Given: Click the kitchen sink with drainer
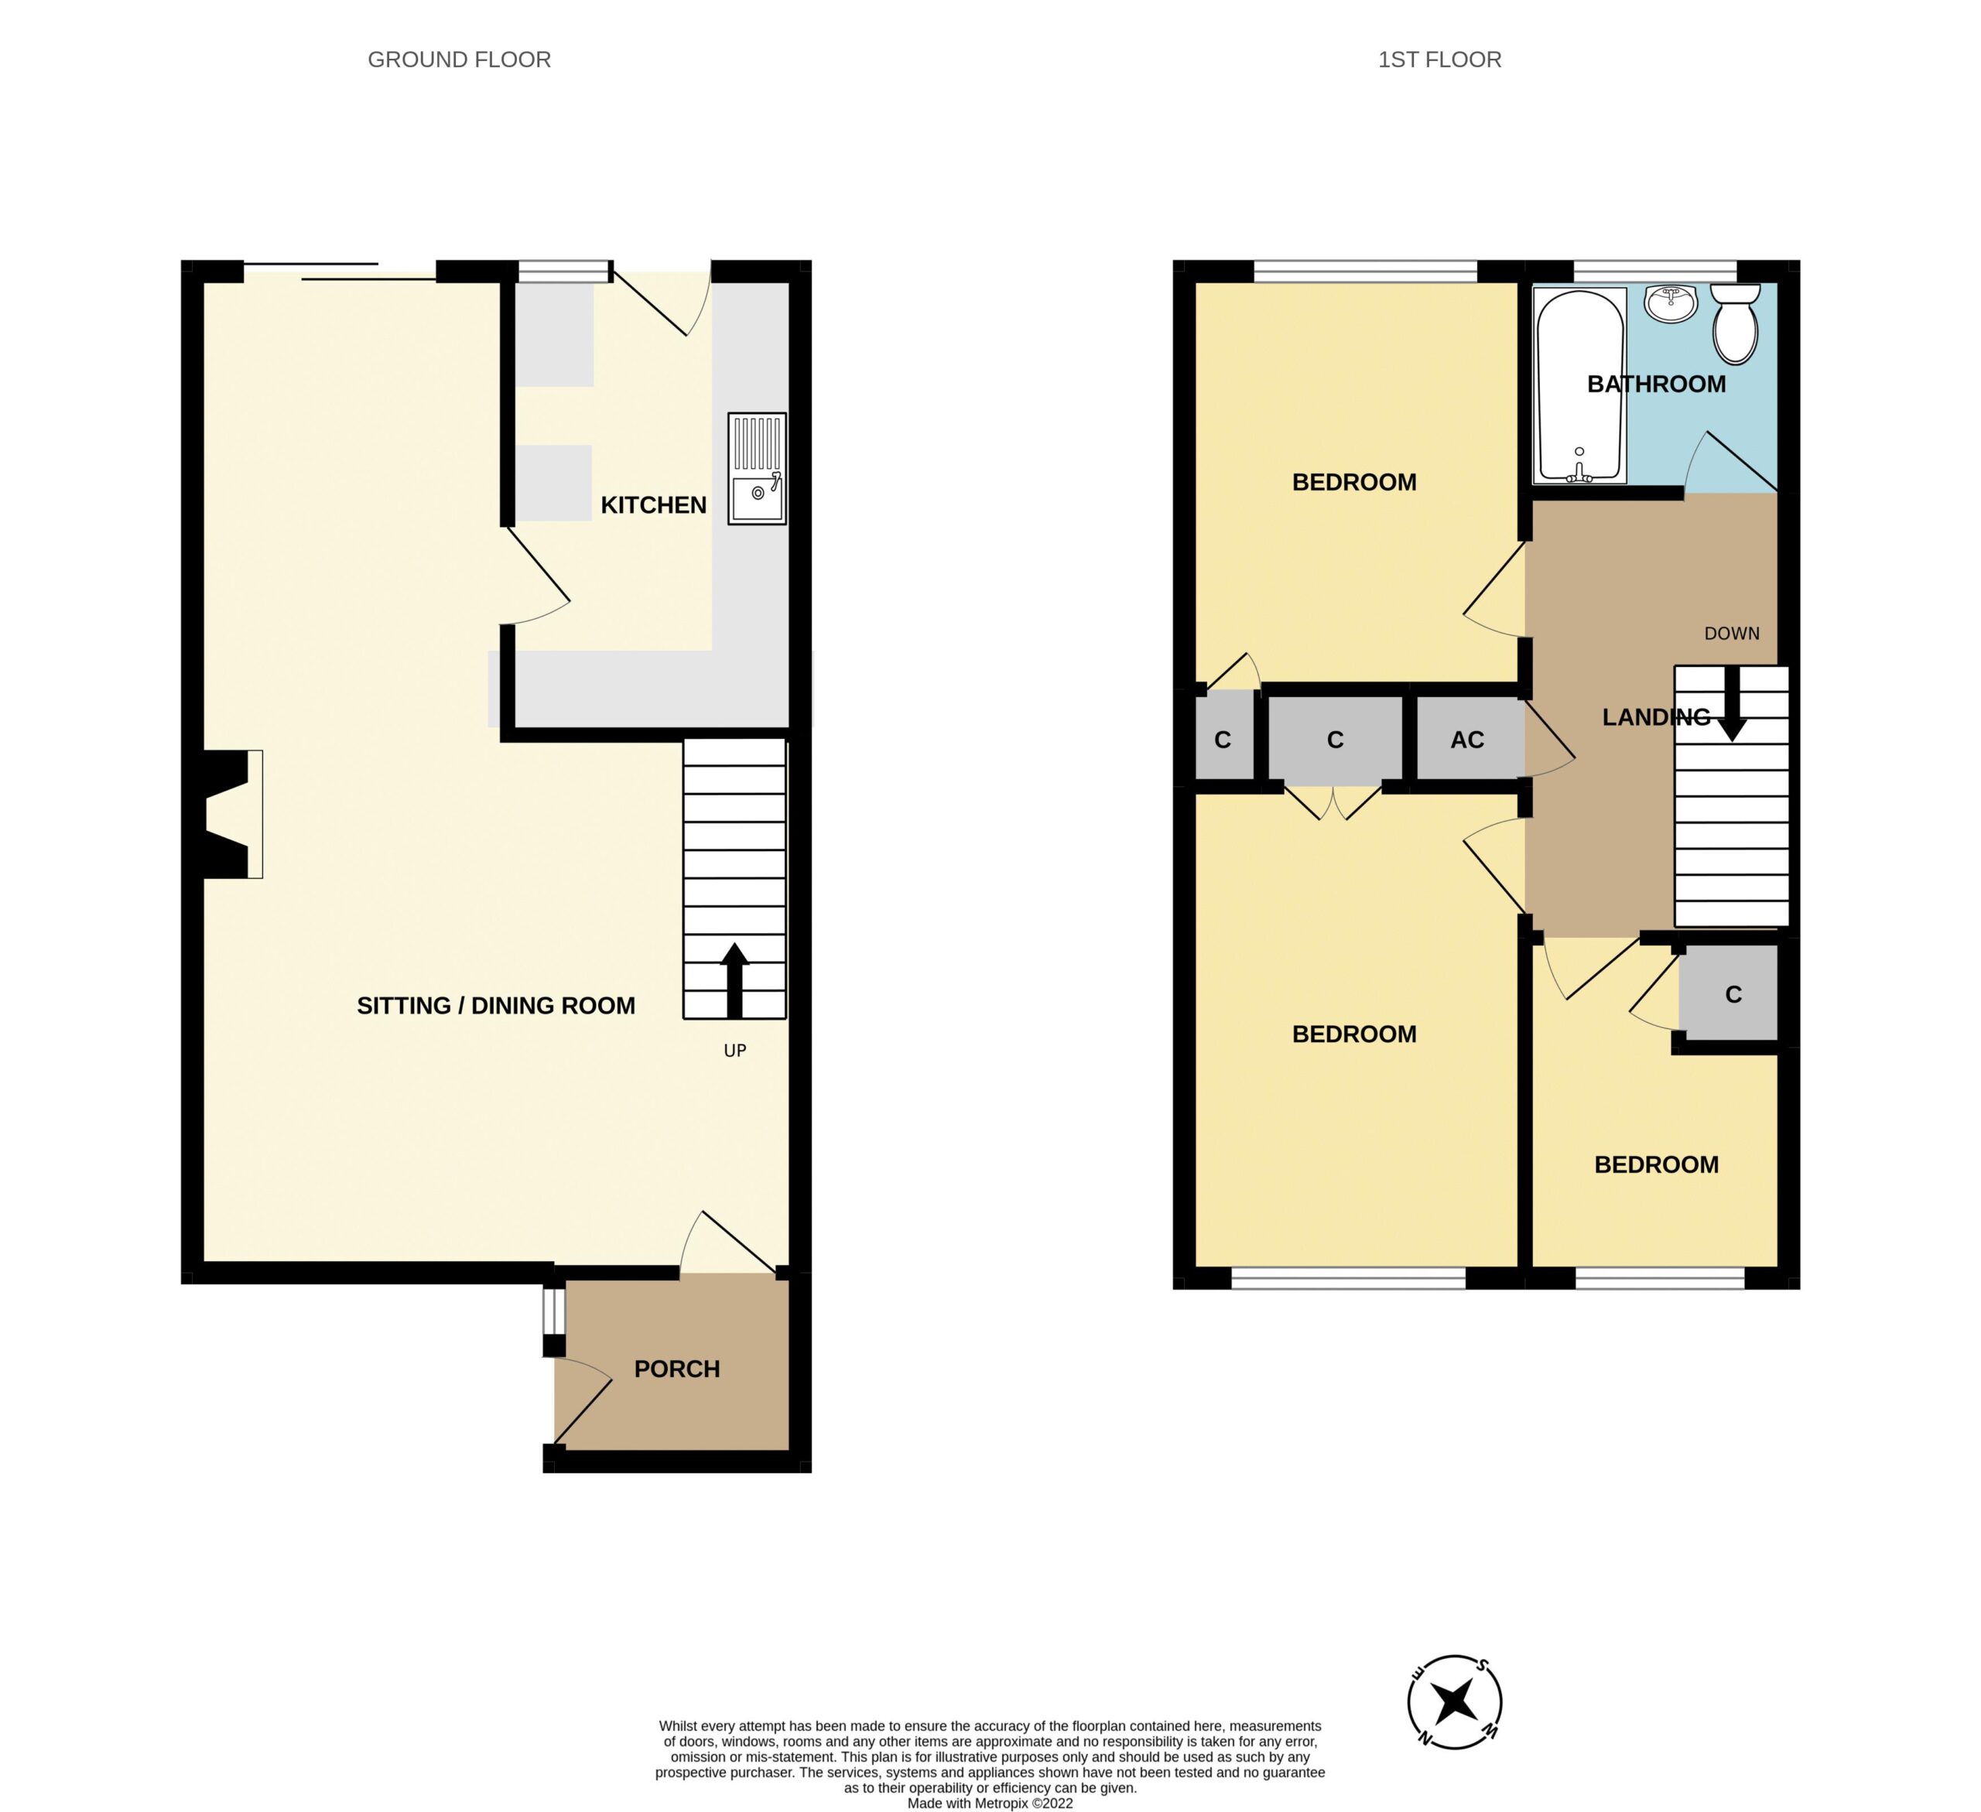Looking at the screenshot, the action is [x=757, y=468].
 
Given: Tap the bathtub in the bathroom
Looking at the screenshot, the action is [x=1580, y=386].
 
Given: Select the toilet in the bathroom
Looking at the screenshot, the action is [x=1736, y=324].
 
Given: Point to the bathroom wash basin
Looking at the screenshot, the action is [x=1671, y=303].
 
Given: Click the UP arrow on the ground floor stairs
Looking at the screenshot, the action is [x=734, y=980].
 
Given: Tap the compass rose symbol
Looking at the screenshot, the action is [x=1454, y=1702].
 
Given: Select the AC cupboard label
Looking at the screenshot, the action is [x=1467, y=740].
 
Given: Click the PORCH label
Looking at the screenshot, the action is [x=677, y=1369].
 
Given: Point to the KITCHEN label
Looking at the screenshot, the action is [x=653, y=505].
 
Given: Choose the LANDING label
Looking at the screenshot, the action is [x=1657, y=717].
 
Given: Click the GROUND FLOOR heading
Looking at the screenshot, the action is [x=459, y=60].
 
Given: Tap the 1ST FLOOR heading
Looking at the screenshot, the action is [x=1439, y=60].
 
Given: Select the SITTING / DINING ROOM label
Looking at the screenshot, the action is [x=495, y=1005].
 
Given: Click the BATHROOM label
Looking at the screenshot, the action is [x=1657, y=385].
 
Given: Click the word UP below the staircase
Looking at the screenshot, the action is [x=735, y=1051].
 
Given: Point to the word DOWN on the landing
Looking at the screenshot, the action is [x=1731, y=634].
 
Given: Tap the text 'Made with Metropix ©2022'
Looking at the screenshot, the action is [x=990, y=1803].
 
